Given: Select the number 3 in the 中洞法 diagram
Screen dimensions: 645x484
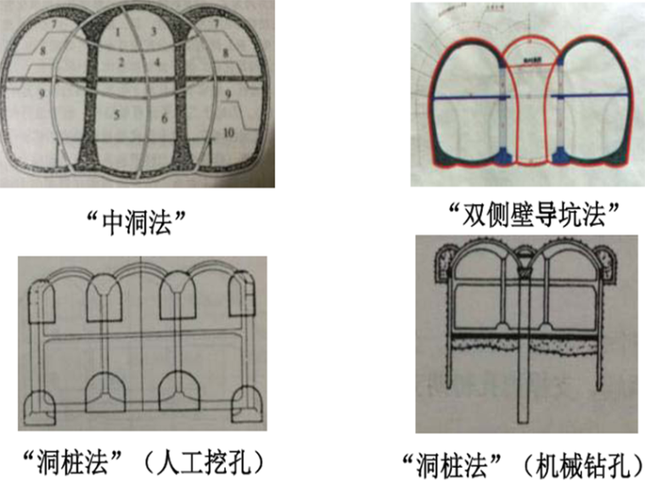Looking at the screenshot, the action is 155,32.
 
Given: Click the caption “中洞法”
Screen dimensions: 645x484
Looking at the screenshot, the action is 136,222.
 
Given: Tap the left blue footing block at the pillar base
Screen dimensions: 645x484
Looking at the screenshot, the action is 502,154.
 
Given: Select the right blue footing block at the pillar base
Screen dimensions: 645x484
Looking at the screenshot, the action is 560,154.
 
